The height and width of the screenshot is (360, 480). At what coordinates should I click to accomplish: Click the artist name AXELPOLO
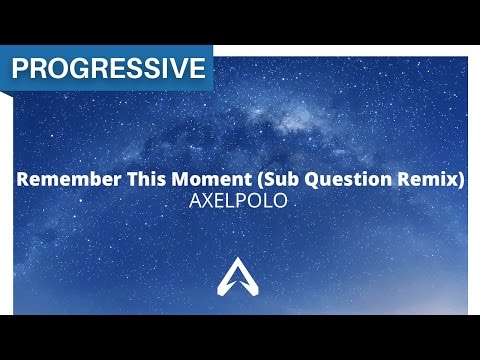click(239, 202)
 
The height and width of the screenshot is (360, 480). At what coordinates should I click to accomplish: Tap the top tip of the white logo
click(240, 266)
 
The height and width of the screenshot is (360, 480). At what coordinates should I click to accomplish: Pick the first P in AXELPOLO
click(237, 202)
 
